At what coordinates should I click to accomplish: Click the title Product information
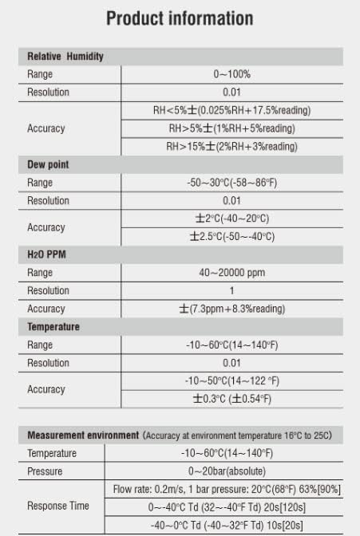click(180, 18)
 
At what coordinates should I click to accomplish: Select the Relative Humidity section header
click(65, 57)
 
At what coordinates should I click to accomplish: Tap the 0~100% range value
click(231, 74)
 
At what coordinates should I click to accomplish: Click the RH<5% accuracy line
click(231, 110)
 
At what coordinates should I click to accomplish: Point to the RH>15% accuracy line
click(231, 146)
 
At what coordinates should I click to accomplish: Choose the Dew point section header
click(48, 164)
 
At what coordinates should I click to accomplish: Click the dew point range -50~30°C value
click(231, 183)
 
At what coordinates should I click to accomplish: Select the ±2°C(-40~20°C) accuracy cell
click(231, 219)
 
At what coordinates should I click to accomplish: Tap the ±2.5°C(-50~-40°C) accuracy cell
click(231, 237)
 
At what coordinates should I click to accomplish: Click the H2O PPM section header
click(47, 254)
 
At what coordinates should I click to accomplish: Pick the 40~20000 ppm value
click(231, 273)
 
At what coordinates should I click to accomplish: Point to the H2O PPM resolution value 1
click(231, 290)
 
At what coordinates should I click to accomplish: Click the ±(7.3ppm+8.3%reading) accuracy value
click(231, 309)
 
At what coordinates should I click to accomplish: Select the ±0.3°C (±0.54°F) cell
click(231, 399)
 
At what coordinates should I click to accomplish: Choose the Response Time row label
click(57, 506)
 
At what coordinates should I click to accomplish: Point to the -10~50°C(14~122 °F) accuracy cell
click(231, 380)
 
